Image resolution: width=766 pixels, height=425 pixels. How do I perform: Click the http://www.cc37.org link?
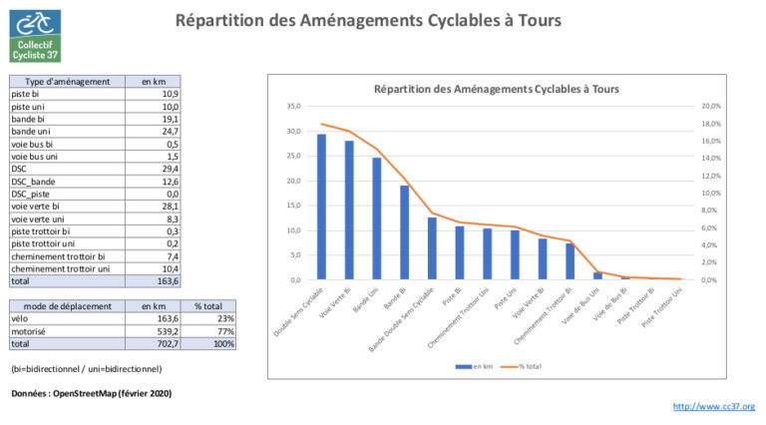[x=714, y=407]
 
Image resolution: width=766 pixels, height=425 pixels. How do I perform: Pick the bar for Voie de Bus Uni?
[x=597, y=275]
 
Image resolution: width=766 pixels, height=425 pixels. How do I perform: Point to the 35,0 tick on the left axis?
[x=292, y=106]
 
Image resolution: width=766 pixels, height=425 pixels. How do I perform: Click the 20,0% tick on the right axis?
[x=710, y=106]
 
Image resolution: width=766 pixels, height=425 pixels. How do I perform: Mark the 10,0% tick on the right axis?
[x=710, y=193]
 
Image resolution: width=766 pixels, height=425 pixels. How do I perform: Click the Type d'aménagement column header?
[x=66, y=81]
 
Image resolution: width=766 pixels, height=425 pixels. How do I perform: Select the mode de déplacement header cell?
[x=67, y=306]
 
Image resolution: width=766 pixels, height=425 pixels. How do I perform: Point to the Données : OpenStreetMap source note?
[x=91, y=394]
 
